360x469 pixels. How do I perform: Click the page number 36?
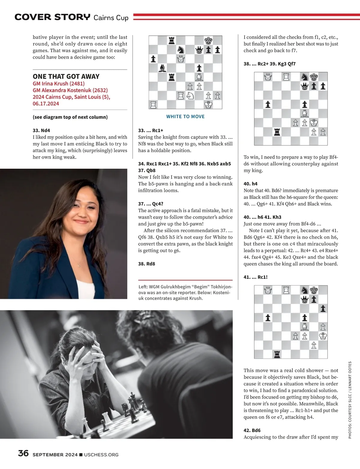(x=23, y=453)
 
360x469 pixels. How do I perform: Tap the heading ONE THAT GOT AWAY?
(x=66, y=76)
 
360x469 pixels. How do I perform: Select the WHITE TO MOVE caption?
(x=185, y=116)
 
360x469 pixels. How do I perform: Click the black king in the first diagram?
(x=208, y=40)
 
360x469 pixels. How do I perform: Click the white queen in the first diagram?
(x=181, y=59)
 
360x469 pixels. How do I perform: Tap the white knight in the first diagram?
(x=190, y=96)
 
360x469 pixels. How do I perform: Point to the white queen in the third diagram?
(x=268, y=290)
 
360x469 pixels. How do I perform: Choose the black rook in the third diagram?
(x=277, y=354)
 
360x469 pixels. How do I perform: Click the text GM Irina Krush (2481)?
(x=58, y=84)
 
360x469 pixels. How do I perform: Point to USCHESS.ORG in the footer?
(x=101, y=455)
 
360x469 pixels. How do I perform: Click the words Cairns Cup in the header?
(x=111, y=18)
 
